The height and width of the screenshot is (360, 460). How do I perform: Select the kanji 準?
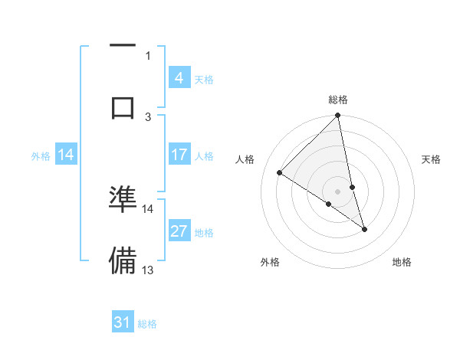(x=123, y=199)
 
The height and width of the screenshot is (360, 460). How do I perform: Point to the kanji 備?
(x=123, y=260)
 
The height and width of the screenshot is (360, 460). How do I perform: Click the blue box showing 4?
(x=179, y=78)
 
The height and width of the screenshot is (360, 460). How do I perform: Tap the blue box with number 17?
(x=179, y=155)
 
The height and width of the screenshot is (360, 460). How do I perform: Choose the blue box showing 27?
(x=179, y=231)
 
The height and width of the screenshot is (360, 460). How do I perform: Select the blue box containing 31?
(x=123, y=322)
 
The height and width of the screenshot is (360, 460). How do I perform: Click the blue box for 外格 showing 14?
(x=66, y=155)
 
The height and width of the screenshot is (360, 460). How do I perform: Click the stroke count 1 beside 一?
(x=148, y=55)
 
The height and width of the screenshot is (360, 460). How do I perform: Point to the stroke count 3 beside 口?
(x=148, y=116)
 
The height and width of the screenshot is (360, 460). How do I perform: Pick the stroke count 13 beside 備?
(x=148, y=270)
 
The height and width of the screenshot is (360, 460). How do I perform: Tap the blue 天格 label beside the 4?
(x=204, y=79)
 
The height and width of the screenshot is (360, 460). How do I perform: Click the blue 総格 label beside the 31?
(x=147, y=323)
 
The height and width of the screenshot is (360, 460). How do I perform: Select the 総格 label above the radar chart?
(x=338, y=100)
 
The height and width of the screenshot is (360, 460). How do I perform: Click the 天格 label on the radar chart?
(x=431, y=159)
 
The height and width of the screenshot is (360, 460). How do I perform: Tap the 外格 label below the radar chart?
(x=270, y=262)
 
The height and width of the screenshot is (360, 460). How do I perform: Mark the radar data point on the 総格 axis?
(x=338, y=116)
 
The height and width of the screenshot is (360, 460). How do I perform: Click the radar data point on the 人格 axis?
(x=280, y=172)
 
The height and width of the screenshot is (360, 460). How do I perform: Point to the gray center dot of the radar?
(x=338, y=191)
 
